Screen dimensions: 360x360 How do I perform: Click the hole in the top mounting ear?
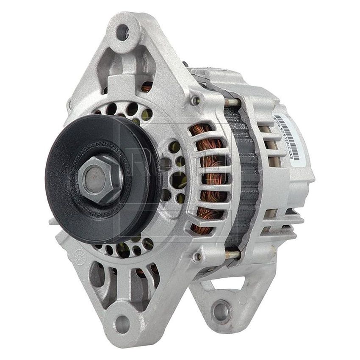[123, 32]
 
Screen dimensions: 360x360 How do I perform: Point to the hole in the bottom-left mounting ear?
[122, 324]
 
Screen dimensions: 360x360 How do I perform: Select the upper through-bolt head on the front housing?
[195, 100]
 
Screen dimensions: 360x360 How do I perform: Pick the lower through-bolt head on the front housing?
[197, 257]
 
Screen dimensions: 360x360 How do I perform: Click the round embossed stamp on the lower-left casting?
[80, 257]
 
